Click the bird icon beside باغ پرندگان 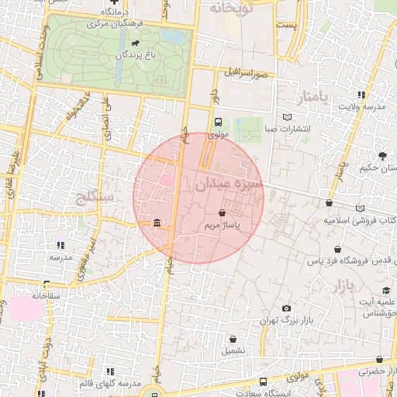[136, 43]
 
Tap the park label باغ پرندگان [136, 56]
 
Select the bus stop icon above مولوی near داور [218, 123]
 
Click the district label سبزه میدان [230, 185]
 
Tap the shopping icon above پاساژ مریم [223, 212]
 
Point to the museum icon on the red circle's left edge [157, 223]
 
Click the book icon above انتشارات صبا [288, 117]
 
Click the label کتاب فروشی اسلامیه [361, 221]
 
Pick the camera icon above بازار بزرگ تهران [286, 308]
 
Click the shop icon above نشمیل [233, 338]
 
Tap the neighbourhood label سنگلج [96, 197]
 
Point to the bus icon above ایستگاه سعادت [264, 381]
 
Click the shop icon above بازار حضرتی [379, 360]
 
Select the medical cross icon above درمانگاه [113, 3]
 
